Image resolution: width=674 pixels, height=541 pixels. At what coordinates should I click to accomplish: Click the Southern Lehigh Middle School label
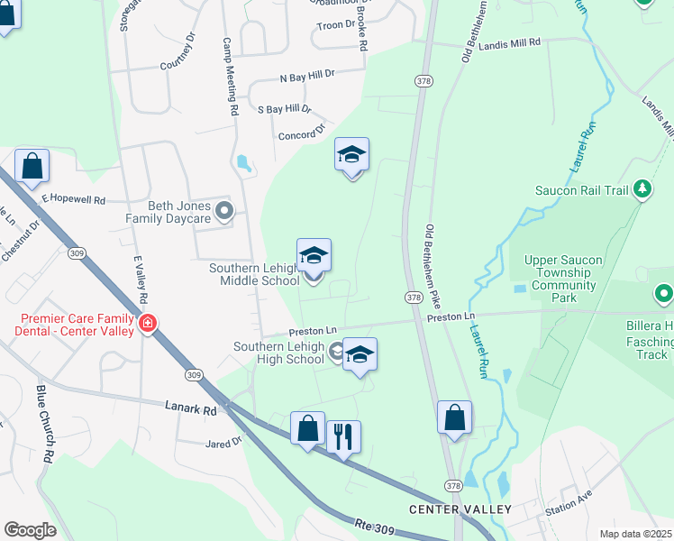[254, 274]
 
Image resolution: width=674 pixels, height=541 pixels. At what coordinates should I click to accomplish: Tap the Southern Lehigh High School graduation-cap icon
[360, 354]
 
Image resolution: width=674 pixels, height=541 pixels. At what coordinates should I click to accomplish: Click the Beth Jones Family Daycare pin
[225, 212]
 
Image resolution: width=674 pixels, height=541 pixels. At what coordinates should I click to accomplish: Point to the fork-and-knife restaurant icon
[343, 437]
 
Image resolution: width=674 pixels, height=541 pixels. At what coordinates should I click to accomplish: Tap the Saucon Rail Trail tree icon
[642, 189]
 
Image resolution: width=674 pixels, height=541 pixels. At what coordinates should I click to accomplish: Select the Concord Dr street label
[301, 134]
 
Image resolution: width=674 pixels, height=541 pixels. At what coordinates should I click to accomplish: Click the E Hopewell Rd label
[73, 198]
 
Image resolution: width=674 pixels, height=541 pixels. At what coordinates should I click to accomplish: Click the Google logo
[30, 530]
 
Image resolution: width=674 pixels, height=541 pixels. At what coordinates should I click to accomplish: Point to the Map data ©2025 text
[635, 534]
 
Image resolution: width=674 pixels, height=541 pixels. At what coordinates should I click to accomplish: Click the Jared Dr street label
[224, 443]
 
